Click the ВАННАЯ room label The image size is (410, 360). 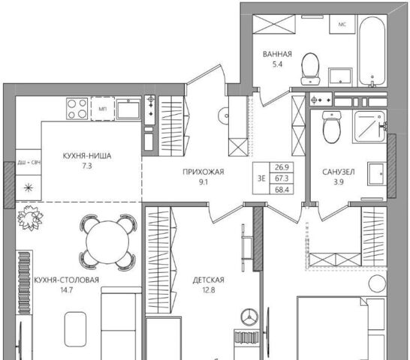tap(277, 54)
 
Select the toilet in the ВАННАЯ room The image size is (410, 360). tap(310, 69)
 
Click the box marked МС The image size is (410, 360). tap(342, 24)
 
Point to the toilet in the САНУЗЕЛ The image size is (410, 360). tap(332, 127)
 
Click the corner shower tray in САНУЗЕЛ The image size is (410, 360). tap(369, 127)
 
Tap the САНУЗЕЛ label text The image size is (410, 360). tap(339, 172)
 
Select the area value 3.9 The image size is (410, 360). tap(339, 181)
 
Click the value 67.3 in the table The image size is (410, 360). tap(282, 178)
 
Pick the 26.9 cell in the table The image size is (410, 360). tap(282, 167)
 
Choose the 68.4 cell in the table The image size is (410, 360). tap(282, 190)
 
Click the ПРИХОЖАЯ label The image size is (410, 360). tap(203, 172)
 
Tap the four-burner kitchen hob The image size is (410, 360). tap(77, 109)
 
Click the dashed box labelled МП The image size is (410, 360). tap(102, 109)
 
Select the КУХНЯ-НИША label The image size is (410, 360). tap(87, 156)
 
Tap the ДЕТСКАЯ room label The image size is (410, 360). tap(209, 280)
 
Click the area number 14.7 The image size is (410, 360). tap(66, 290)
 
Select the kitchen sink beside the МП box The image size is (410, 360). tap(128, 109)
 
